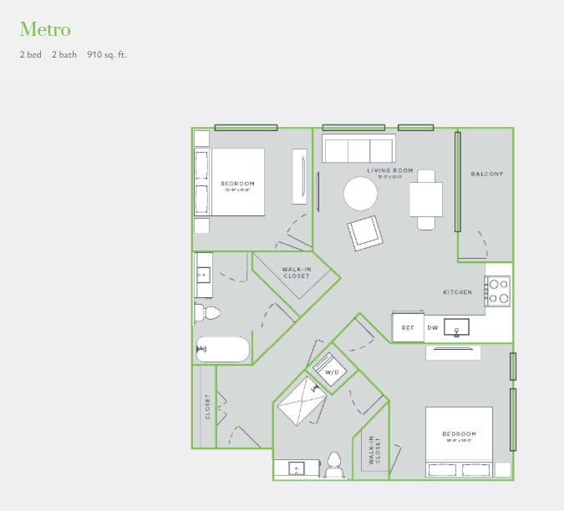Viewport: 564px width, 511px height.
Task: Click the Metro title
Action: (x=45, y=30)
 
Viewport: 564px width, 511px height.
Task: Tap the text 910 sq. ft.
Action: (x=107, y=55)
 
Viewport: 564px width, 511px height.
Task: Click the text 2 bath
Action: (x=63, y=55)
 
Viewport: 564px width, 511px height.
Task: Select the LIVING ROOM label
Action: (x=384, y=170)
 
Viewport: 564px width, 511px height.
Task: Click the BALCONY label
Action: (x=487, y=174)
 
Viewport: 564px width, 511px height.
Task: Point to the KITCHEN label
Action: (x=457, y=292)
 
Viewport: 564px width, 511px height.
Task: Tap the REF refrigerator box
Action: (x=408, y=327)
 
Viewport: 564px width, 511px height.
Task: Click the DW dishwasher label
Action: (x=433, y=327)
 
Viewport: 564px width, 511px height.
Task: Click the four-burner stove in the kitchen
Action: (x=498, y=291)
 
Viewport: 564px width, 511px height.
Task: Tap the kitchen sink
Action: (x=457, y=326)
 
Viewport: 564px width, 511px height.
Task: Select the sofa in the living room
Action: (x=358, y=150)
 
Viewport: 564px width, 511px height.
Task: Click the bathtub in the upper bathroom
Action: (x=222, y=350)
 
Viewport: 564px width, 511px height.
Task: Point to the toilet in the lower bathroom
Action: (x=334, y=464)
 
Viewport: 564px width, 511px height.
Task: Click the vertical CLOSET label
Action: (x=208, y=407)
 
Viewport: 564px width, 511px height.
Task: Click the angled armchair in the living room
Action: (x=365, y=232)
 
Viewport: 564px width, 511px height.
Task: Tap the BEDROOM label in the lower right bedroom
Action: (x=460, y=434)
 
